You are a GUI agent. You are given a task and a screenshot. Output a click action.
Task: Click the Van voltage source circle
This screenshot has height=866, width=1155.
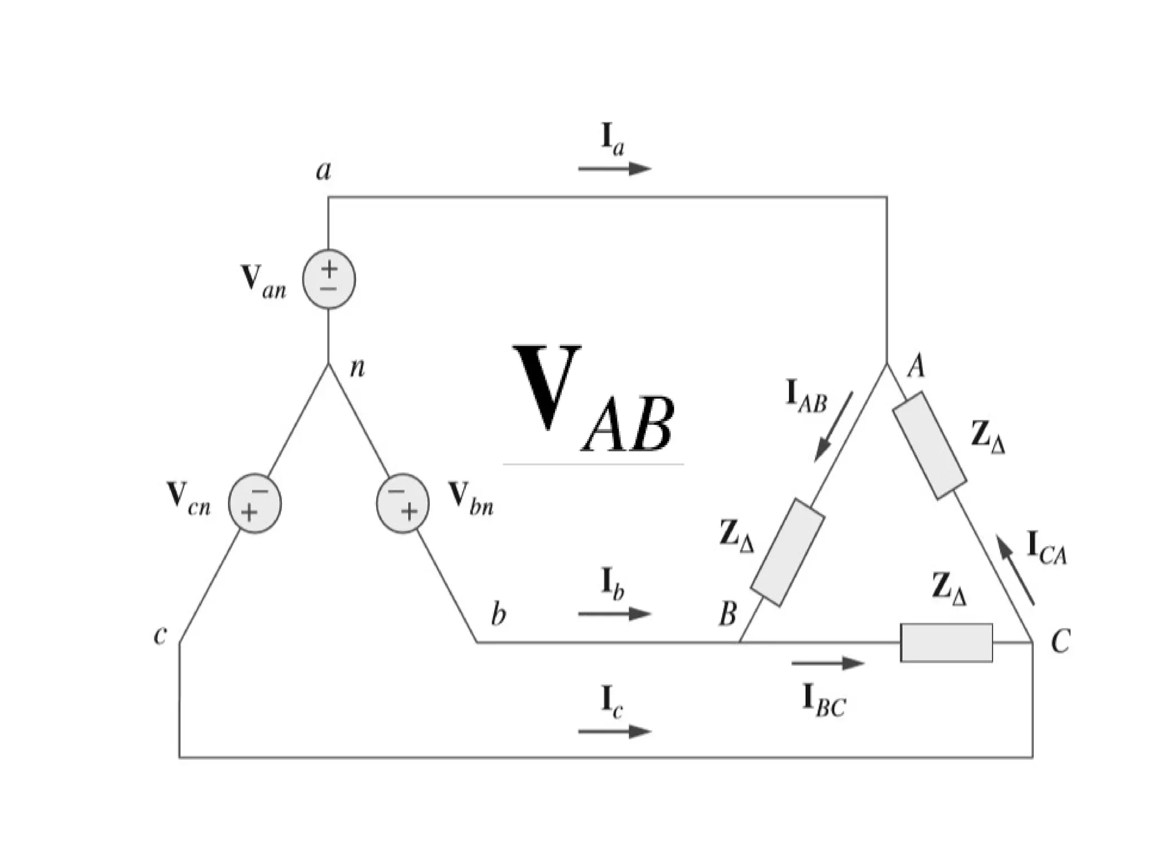tap(329, 279)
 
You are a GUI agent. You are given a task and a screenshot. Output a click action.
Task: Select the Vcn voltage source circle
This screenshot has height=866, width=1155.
tap(254, 503)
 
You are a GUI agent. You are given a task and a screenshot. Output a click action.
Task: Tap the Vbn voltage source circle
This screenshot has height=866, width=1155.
tap(403, 503)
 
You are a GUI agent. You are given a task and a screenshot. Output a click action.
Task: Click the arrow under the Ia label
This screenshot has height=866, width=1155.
tap(615, 168)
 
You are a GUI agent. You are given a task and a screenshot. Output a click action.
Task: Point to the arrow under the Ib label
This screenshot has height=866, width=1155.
tap(615, 614)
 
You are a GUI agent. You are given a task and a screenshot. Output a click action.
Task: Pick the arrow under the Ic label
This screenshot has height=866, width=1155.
tap(615, 731)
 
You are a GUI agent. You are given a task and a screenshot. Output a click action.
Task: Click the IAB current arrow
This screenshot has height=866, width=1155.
tap(834, 427)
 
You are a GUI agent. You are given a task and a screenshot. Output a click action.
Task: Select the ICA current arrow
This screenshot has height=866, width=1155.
tap(1015, 570)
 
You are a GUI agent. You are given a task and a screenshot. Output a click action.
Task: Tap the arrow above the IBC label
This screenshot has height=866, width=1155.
tap(828, 663)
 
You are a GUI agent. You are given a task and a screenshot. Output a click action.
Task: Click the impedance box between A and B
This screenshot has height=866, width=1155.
tap(788, 552)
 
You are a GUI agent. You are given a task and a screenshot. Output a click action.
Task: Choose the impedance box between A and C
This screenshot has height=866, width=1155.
tap(929, 445)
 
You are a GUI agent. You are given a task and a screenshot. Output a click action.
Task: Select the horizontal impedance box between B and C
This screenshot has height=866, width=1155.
tap(946, 643)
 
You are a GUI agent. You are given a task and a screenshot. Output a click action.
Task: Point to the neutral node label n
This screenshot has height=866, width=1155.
tap(358, 368)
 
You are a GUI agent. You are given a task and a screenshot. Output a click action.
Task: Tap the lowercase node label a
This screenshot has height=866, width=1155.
tap(323, 170)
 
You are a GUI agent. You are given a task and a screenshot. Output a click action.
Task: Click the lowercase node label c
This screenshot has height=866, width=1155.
tap(160, 635)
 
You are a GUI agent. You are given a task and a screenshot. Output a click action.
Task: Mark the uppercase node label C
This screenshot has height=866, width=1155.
tap(1060, 641)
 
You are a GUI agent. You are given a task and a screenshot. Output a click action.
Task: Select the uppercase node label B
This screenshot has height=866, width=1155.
tap(728, 614)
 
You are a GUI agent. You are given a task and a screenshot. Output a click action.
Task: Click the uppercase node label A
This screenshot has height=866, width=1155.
tap(916, 367)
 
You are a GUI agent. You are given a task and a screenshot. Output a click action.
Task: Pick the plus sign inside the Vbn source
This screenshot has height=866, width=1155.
tap(410, 512)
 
